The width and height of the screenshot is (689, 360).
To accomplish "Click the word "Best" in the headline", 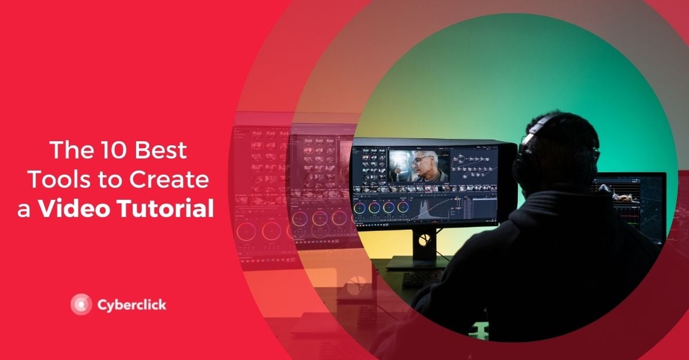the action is click(x=161, y=150).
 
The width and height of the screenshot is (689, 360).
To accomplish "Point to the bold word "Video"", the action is click(x=75, y=208).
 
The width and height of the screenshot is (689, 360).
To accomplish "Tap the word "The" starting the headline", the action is click(x=71, y=150).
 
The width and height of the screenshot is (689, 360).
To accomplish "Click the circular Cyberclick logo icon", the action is click(x=81, y=304).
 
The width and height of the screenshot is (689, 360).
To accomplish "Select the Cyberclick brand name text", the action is click(x=132, y=305).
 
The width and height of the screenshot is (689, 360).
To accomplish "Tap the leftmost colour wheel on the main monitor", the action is click(x=359, y=208).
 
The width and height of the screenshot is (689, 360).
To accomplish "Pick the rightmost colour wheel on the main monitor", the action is click(x=402, y=207).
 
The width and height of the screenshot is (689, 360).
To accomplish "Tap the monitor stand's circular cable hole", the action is click(x=424, y=239).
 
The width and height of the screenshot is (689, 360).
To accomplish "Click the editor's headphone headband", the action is click(x=535, y=129).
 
